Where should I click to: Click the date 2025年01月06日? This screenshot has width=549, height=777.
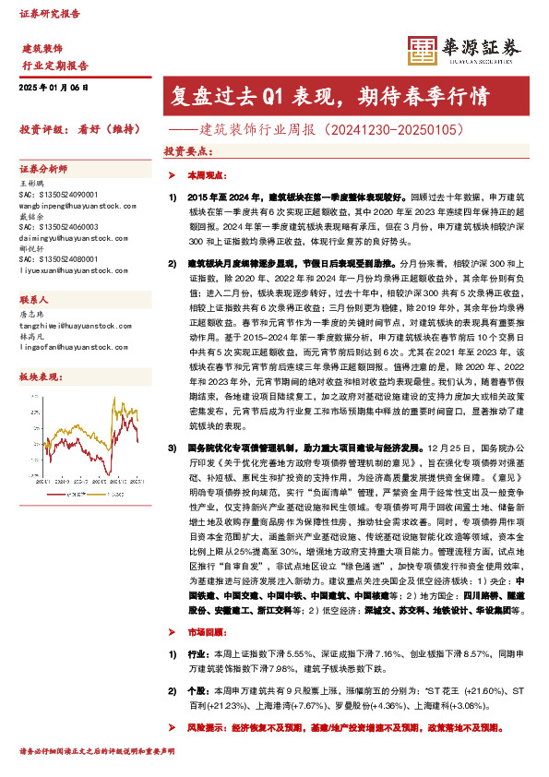(x=53, y=86)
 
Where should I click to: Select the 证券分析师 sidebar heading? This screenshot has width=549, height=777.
(x=43, y=169)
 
